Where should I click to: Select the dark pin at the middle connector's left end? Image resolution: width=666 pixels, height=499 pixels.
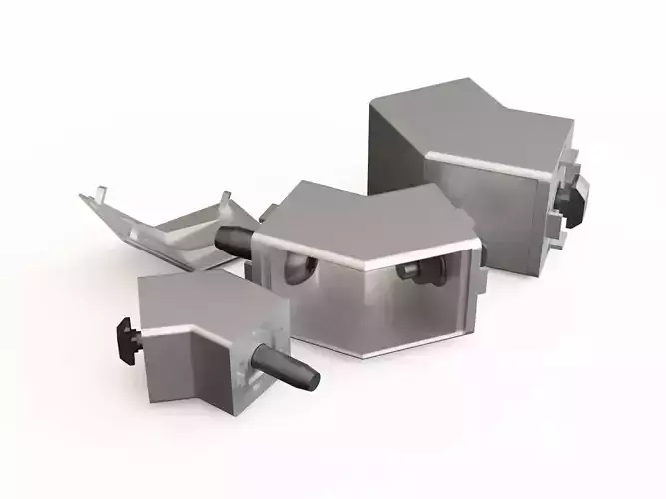[232, 240]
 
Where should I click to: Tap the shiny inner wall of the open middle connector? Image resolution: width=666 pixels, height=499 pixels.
[439, 299]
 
